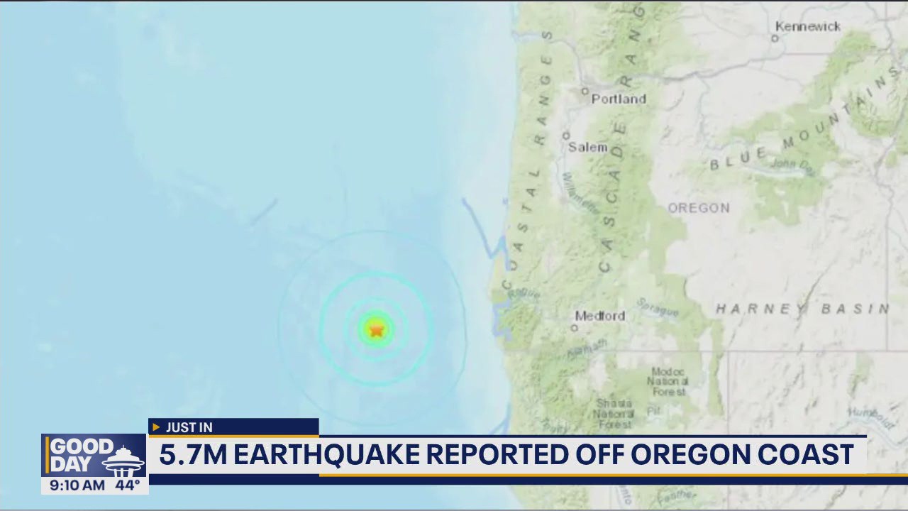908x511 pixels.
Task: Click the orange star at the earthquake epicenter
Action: (x=376, y=329)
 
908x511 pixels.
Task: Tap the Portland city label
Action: (x=619, y=99)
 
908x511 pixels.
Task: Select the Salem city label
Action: (x=588, y=148)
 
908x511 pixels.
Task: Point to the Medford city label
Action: (x=600, y=316)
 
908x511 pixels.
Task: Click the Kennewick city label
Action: (x=808, y=27)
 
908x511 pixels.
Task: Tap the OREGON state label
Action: (x=699, y=208)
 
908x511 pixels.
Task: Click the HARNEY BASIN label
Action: (x=802, y=309)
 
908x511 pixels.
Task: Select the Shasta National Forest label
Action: (x=614, y=413)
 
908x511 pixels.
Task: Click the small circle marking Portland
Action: (x=585, y=91)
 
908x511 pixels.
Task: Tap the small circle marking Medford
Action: (x=575, y=328)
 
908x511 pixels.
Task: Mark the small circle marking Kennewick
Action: (x=775, y=38)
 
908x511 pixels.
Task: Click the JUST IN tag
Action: (x=189, y=427)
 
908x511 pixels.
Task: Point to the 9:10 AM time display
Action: (x=77, y=485)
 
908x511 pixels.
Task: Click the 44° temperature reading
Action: (x=128, y=485)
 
